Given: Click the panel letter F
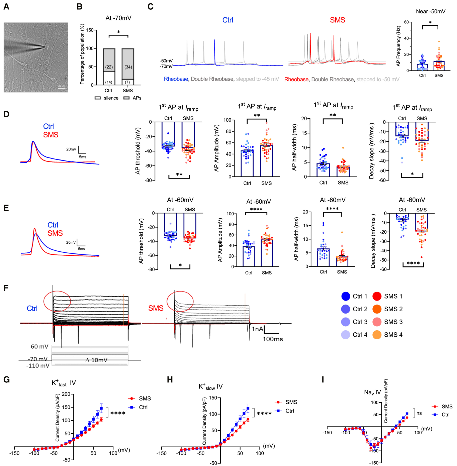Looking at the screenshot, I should (x=6, y=288).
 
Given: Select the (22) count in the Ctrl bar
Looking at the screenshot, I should (x=109, y=67).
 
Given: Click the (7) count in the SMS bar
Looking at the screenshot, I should (x=127, y=82).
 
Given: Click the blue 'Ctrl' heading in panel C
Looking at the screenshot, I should (x=227, y=20).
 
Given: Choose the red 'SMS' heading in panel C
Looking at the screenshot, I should (x=337, y=20).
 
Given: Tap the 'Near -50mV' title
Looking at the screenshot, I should (x=431, y=11).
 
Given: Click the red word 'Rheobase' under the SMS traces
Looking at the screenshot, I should (x=296, y=80).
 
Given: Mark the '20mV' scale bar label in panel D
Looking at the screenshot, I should (x=71, y=149).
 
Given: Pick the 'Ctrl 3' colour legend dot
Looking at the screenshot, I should (x=346, y=322).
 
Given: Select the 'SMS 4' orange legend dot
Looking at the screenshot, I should (x=377, y=335).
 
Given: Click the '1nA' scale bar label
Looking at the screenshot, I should (x=257, y=329).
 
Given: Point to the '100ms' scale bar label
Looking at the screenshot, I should (x=273, y=339).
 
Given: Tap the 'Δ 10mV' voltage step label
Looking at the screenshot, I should (x=96, y=360).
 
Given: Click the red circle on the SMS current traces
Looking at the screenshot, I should (x=180, y=301).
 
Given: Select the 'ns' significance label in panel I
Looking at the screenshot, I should (x=419, y=413).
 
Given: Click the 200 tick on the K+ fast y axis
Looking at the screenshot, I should (x=66, y=394).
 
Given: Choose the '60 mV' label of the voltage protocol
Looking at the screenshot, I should (x=39, y=347).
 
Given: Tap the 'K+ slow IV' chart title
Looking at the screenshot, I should (x=210, y=387).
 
